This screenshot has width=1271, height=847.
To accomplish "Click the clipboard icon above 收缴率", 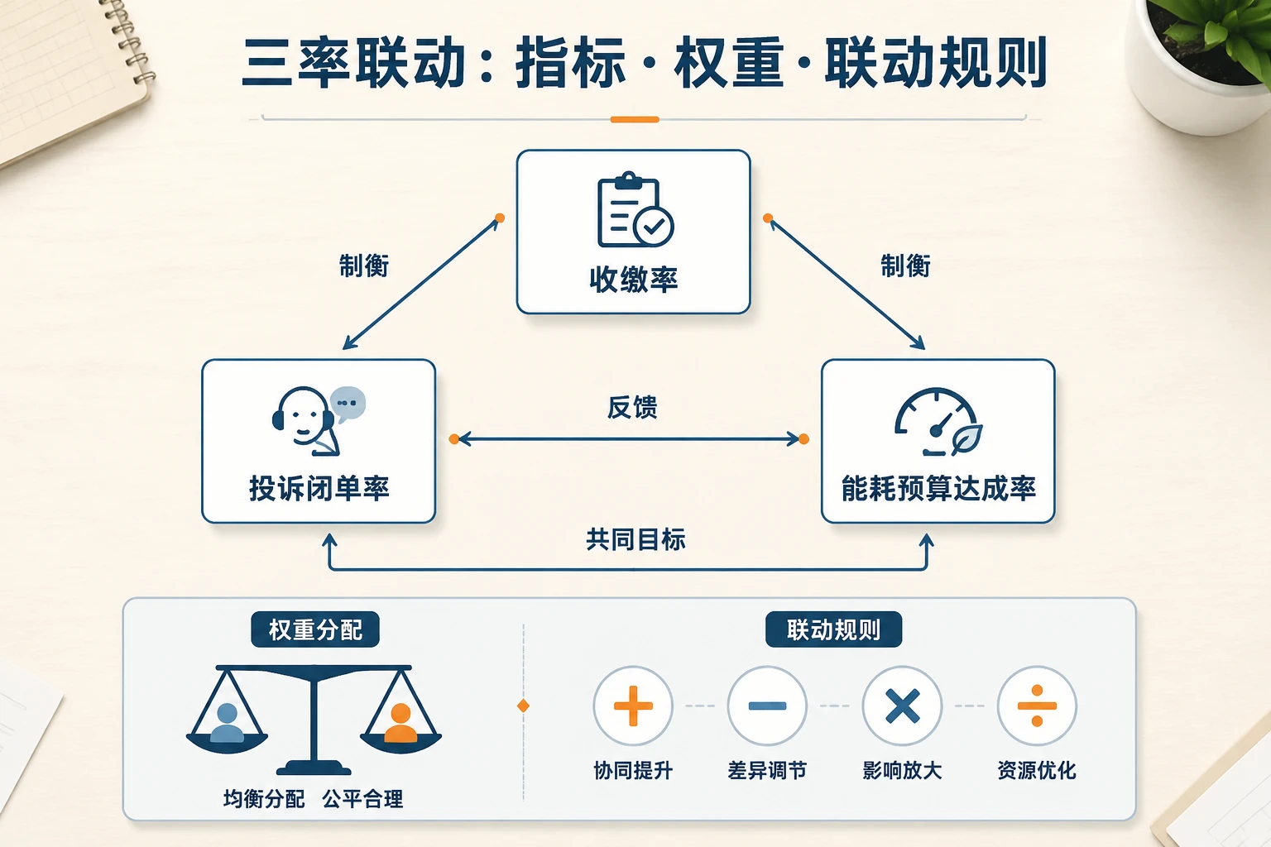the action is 635,209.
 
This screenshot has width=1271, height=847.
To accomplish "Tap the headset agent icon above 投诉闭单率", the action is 319,421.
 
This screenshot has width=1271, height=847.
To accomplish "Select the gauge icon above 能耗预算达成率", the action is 938,422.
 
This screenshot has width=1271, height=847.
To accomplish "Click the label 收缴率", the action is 634,279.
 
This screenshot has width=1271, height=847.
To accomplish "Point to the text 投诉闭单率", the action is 319,488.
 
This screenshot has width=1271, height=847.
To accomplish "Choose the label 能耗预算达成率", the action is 938,488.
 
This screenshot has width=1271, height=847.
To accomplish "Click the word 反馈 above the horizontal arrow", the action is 632,407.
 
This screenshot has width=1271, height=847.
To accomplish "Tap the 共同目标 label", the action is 635,539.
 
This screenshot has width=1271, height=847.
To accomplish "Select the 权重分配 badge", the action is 315,629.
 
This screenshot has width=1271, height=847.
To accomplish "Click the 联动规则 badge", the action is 833,629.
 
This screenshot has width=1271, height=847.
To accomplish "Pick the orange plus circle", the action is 633,706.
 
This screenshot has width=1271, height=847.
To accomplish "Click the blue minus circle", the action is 767,706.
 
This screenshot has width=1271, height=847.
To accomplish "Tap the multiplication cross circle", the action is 902,706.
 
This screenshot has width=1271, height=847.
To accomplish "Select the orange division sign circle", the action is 1037,706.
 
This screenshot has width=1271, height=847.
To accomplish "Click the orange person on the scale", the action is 400,723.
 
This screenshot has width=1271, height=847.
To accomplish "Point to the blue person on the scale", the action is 227,723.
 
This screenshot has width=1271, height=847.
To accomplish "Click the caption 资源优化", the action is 1037,770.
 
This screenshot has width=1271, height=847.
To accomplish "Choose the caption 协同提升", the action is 633,770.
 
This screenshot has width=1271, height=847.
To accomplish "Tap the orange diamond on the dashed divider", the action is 523,706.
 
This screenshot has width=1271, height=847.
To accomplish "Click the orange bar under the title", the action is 635,119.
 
